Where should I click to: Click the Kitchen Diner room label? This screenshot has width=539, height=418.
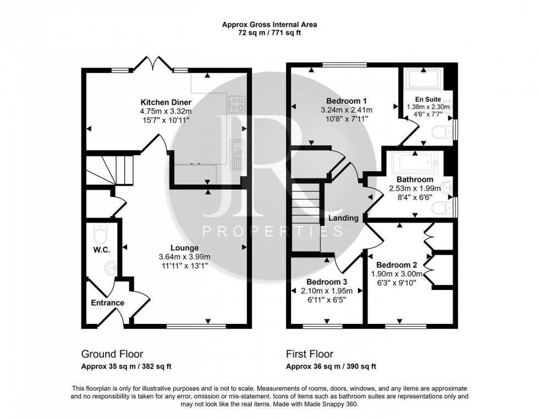(x=166, y=103)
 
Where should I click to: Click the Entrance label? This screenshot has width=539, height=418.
(x=107, y=302)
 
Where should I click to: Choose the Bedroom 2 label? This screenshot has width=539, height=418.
(x=395, y=265)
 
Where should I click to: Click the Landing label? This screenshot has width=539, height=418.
(x=344, y=218)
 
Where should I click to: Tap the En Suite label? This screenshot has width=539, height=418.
(x=427, y=100)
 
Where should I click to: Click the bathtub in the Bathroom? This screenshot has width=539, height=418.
(x=415, y=162)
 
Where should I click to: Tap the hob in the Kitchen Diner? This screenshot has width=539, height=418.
(x=237, y=103)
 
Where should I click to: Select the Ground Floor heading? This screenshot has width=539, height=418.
(x=112, y=354)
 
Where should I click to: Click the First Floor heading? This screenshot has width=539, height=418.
(x=309, y=354)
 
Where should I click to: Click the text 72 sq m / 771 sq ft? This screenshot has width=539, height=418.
(x=269, y=33)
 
